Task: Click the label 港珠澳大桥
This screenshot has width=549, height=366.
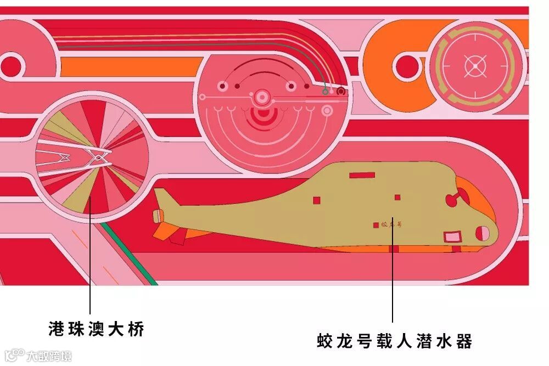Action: pyautogui.click(x=96, y=330)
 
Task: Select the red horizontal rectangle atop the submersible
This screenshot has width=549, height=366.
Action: pyautogui.click(x=362, y=175)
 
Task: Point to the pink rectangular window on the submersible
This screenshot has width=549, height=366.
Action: pyautogui.click(x=452, y=237)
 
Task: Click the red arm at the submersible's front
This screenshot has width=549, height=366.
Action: pyautogui.click(x=453, y=200)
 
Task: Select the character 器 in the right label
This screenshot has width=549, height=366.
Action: pyautogui.click(x=464, y=341)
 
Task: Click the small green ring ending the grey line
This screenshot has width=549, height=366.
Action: pyautogui.click(x=326, y=92)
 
